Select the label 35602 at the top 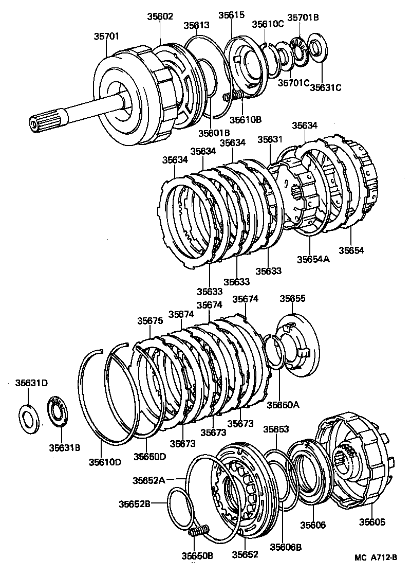[161, 17]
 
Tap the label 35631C [325, 88]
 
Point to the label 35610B [245, 120]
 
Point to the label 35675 [150, 320]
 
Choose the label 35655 [292, 298]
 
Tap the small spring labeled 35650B [199, 531]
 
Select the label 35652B [136, 503]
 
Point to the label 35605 [372, 522]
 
